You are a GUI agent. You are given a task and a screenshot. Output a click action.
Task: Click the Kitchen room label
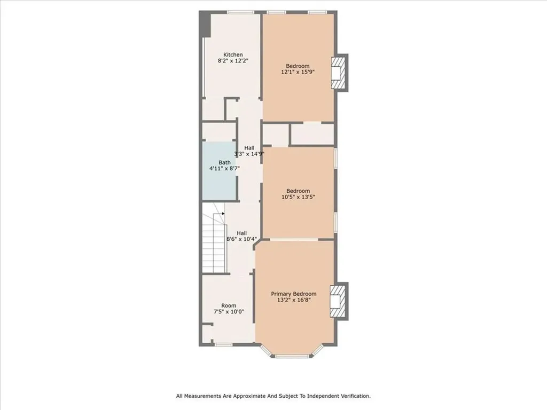tap(233, 55)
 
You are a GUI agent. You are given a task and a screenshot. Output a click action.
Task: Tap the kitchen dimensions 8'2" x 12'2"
tap(233, 61)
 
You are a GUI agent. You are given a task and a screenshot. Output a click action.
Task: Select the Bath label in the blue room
tap(225, 162)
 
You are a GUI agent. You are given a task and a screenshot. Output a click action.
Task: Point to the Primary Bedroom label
tap(294, 294)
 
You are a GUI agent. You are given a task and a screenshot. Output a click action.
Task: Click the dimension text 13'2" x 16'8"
tap(294, 300)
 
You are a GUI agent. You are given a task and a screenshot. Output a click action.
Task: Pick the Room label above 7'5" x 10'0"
tap(229, 305)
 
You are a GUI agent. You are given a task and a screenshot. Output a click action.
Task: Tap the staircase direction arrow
tap(223, 214)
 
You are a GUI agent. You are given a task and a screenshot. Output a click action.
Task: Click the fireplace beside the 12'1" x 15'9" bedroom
tap(339, 73)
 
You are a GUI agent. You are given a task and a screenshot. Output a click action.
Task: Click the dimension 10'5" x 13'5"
tap(298, 197)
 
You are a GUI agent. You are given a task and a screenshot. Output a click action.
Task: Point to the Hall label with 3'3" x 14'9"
tap(249, 148)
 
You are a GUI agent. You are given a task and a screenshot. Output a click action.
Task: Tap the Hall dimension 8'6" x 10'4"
tap(242, 239)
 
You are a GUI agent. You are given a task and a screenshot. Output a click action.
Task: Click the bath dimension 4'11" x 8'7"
tap(224, 168)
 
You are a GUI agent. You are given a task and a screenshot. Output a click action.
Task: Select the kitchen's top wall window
tap(241, 13)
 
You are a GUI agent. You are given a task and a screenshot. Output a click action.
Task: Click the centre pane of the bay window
tap(293, 356)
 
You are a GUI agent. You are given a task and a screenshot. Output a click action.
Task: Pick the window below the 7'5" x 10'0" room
tap(223, 345)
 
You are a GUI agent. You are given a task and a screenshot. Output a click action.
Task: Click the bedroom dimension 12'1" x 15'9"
tap(298, 72)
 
